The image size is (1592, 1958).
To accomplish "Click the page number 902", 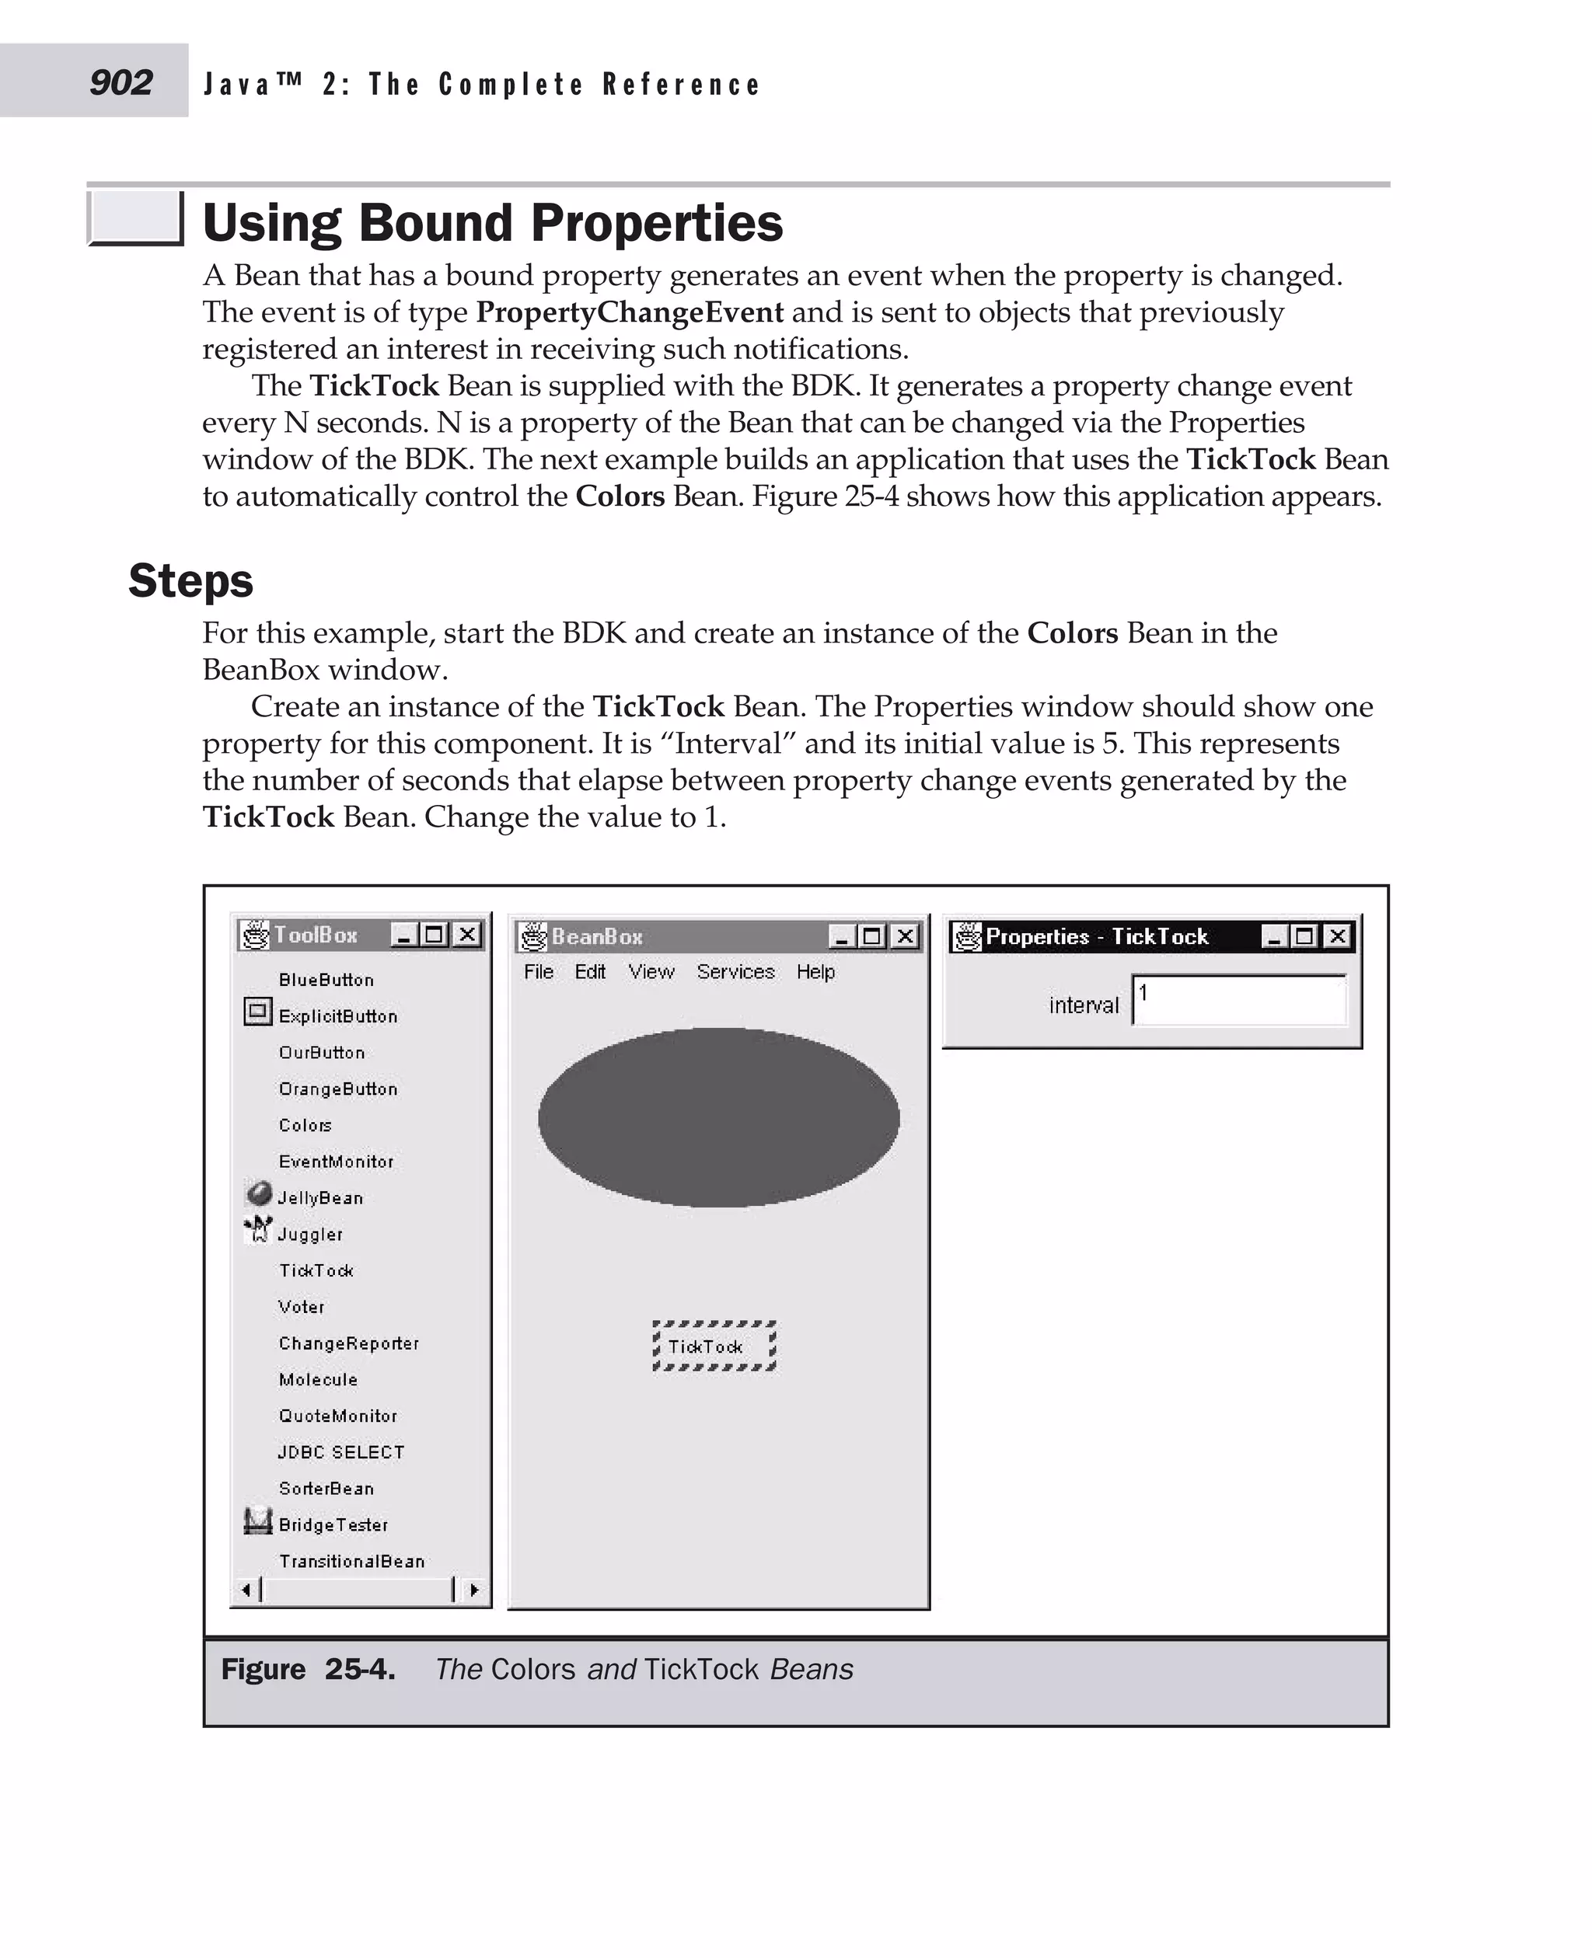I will point(120,82).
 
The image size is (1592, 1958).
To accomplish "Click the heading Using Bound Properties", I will point(493,223).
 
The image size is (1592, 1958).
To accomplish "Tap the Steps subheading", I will point(190,580).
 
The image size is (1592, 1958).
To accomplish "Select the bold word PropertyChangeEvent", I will point(629,312).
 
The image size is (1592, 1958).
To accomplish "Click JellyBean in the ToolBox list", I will point(320,1198).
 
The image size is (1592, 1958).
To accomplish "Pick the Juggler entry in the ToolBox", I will point(310,1235).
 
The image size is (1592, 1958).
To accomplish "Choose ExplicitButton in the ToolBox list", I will point(337,1016).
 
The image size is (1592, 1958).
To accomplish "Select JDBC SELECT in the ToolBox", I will point(340,1453).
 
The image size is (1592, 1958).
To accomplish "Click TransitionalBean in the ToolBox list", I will point(351,1562).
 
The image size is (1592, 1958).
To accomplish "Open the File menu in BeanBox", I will point(538,972).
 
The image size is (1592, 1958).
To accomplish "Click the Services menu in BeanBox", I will point(735,972).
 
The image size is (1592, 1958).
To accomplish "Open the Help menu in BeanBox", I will point(815,972).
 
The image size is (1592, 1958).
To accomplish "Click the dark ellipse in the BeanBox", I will point(718,1117).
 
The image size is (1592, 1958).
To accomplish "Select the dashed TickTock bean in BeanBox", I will point(714,1347).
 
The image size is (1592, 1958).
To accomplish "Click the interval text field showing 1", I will point(1240,1000).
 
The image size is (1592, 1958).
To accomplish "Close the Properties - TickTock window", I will point(1338,936).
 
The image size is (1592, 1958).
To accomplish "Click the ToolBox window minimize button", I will point(403,935).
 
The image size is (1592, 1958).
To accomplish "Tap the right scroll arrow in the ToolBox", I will point(473,1590).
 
